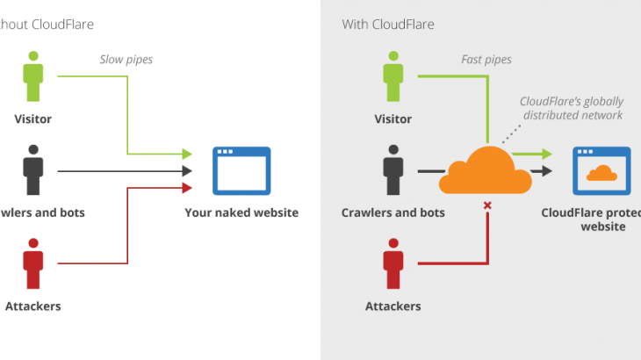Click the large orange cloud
tap(486, 170)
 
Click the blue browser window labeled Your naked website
tap(242, 170)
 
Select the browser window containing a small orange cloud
tap(601, 170)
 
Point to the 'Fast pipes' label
tap(486, 60)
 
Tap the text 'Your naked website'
tap(241, 212)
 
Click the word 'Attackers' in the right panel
tap(393, 306)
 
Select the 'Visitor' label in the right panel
tap(393, 119)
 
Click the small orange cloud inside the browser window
tap(601, 174)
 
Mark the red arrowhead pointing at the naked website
tap(186, 187)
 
